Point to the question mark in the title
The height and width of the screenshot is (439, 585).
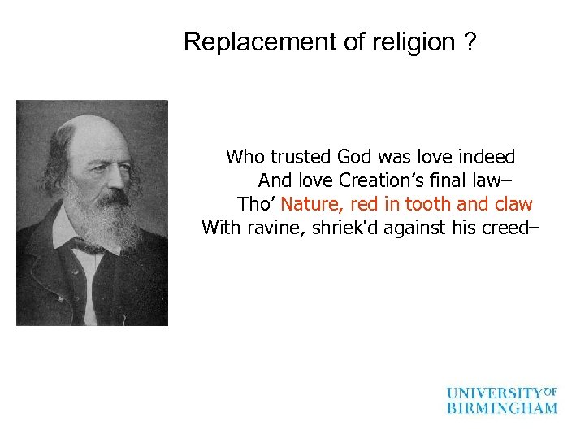coord(470,42)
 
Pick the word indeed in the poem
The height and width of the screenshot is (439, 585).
coord(487,156)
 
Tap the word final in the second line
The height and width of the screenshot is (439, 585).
coord(447,180)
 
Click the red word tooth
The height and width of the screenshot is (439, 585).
coord(429,203)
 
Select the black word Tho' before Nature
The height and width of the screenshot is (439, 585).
coord(257,203)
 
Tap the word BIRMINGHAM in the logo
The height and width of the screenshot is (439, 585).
coord(502,408)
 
